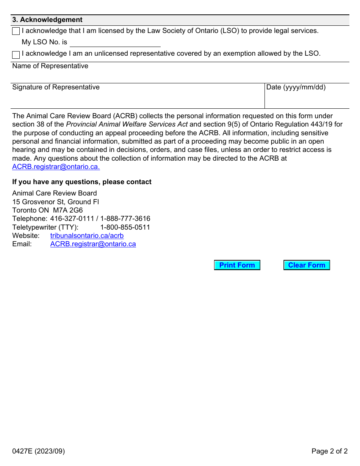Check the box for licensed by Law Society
pos(16,31)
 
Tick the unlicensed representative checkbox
pos(16,55)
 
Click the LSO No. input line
pos(115,42)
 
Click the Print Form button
pos(237,265)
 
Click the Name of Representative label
pos(50,66)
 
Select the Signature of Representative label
pos(56,87)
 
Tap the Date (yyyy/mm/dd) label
pos(296,87)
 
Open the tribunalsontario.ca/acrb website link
pos(87,236)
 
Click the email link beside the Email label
pos(93,244)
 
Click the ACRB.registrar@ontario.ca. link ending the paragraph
pos(56,167)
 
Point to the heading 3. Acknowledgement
pos(47,20)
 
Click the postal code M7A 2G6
pos(68,210)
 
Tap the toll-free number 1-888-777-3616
pos(125,219)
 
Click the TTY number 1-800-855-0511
pos(125,227)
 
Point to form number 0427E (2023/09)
pos(38,451)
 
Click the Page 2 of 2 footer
pos(329,451)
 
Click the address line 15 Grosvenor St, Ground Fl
pos(55,202)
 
